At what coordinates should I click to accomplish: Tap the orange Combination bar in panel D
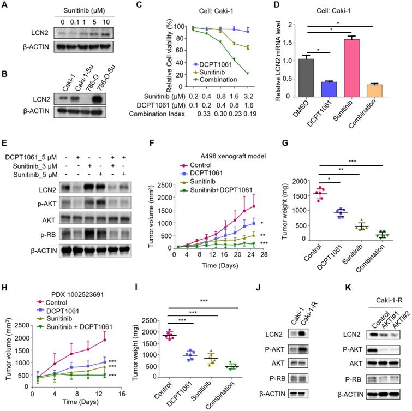click(x=381, y=88)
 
